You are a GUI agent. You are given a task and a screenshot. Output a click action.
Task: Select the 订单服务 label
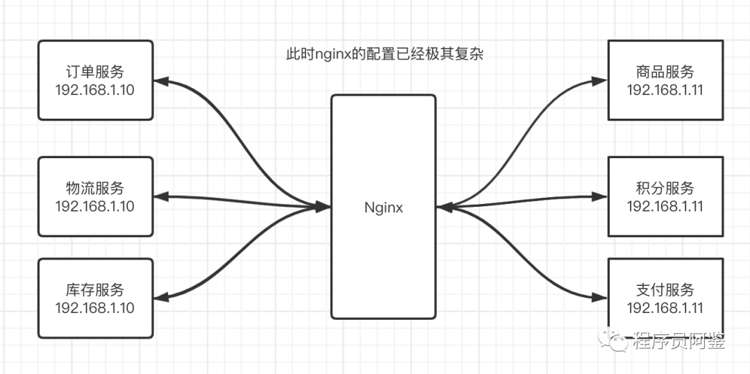(95, 72)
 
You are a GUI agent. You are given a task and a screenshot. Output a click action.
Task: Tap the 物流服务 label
(95, 188)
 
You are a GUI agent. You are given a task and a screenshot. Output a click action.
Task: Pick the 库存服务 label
(95, 290)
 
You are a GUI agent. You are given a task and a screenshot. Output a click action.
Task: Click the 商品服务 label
(665, 72)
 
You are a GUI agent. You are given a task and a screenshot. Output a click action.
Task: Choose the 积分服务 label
(665, 188)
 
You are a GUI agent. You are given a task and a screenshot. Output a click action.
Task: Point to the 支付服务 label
(665, 290)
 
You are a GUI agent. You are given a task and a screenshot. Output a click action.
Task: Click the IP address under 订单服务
(95, 90)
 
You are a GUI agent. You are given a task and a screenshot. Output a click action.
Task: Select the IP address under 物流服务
(95, 206)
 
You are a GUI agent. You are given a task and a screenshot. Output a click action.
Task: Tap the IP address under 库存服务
(95, 308)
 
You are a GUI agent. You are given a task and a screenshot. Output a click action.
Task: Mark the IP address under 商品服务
(665, 90)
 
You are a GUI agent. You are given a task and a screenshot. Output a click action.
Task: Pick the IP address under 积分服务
(665, 206)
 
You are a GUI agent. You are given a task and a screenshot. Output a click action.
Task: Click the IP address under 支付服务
(665, 308)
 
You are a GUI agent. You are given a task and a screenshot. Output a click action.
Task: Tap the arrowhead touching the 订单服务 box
(160, 81)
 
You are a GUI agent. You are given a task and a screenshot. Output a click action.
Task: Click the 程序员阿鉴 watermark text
(679, 341)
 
